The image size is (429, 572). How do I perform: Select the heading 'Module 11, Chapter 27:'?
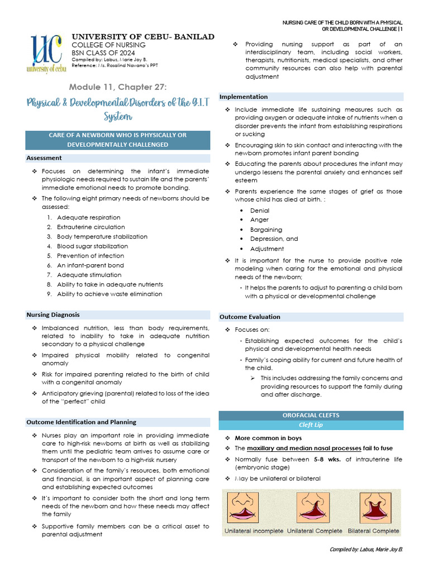[x=118, y=87]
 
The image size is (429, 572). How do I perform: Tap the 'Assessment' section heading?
[x=44, y=158]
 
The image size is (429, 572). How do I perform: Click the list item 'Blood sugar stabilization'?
[x=92, y=246]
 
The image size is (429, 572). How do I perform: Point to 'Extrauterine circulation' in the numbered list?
[x=90, y=227]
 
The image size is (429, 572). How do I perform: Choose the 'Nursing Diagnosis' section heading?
[x=53, y=315]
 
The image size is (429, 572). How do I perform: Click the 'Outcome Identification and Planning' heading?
[x=81, y=422]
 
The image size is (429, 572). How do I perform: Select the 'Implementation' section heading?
[x=244, y=97]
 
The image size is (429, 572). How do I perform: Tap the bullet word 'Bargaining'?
[x=266, y=230]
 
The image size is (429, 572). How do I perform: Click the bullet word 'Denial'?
[x=260, y=211]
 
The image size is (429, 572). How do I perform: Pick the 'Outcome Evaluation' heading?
[x=250, y=317]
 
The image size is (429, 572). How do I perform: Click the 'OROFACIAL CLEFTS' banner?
[x=311, y=416]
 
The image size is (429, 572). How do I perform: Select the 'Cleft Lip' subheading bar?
[x=311, y=425]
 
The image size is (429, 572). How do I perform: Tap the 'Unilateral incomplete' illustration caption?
[x=254, y=531]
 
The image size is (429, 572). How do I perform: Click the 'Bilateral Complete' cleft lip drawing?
[x=374, y=508]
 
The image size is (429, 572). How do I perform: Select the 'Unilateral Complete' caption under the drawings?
[x=314, y=531]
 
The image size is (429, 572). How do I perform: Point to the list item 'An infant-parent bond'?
[x=90, y=265]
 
